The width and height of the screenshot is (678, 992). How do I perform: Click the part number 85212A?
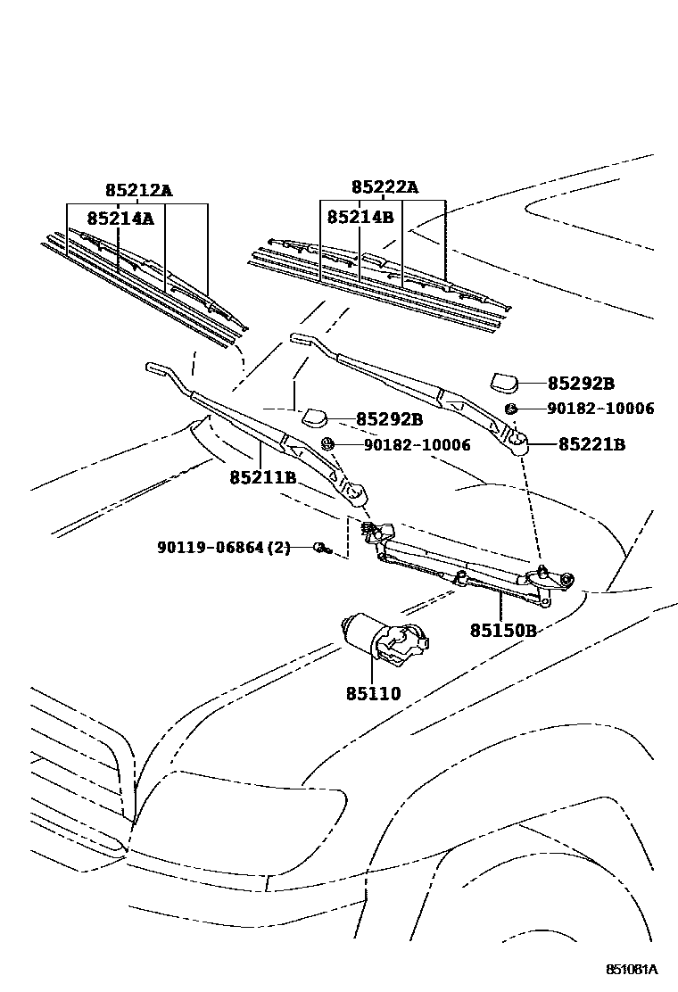point(137,190)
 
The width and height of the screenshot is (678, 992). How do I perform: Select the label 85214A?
point(120,218)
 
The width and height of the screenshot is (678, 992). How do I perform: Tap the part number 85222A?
point(384,187)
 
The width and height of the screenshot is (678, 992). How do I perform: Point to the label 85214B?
point(360,217)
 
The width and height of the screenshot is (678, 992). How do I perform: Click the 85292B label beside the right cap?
point(581,384)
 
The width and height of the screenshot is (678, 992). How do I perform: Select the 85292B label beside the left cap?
point(389,419)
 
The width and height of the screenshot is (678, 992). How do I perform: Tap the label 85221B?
point(591,444)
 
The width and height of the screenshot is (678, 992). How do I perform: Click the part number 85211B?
point(262,478)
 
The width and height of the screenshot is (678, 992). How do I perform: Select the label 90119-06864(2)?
point(219,547)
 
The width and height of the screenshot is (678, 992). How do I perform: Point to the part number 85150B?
point(503,631)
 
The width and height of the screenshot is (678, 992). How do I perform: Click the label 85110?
point(373,693)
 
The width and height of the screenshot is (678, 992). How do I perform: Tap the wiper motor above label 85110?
point(384,638)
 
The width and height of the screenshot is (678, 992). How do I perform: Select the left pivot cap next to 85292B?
point(315,416)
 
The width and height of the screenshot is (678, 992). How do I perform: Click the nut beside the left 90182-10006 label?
point(327,443)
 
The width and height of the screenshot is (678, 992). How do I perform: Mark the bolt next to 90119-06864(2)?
point(321,548)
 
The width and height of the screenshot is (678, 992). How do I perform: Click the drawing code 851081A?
point(633,969)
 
